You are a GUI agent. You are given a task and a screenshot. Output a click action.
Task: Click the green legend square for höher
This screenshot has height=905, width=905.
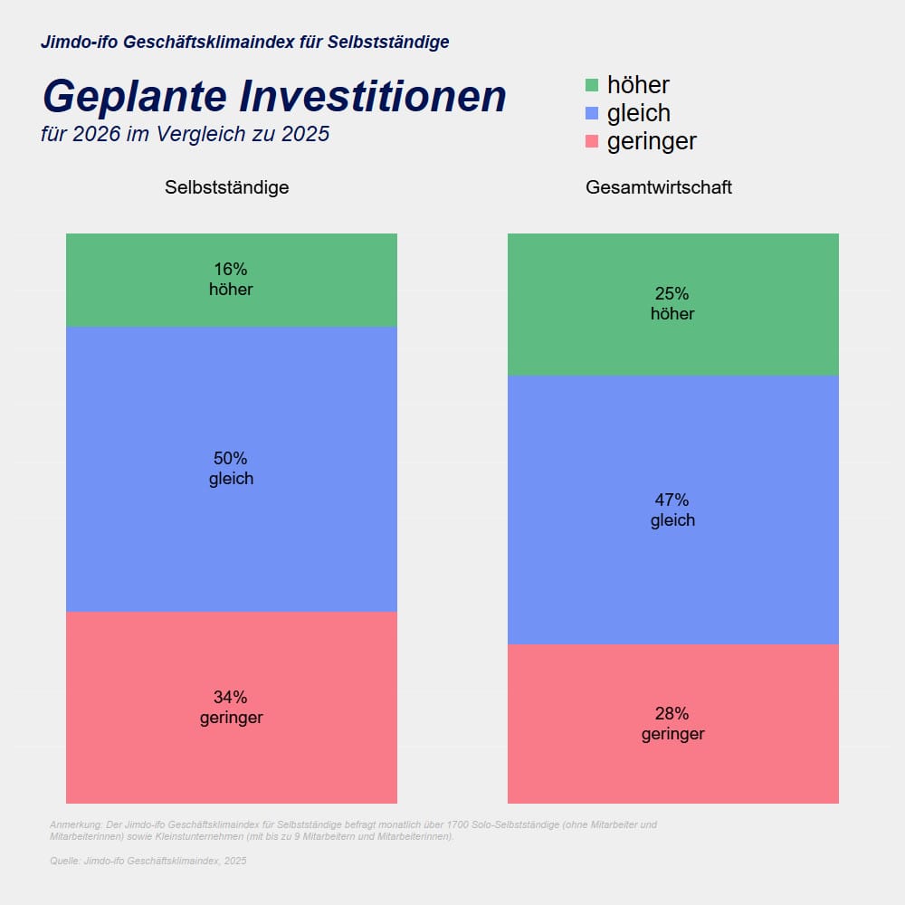point(592,85)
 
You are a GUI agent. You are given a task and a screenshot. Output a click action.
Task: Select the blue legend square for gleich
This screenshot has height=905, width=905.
point(592,113)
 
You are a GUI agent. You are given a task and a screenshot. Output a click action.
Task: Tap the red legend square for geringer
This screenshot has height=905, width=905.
point(592,141)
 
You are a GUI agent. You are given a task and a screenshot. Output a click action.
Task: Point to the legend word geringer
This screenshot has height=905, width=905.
point(652,142)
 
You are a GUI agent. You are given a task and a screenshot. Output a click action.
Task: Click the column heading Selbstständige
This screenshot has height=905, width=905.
point(227,188)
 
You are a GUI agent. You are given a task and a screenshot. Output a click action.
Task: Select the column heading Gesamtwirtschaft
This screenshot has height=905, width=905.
point(659,188)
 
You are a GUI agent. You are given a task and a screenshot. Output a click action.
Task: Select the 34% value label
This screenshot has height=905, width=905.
point(231,698)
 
